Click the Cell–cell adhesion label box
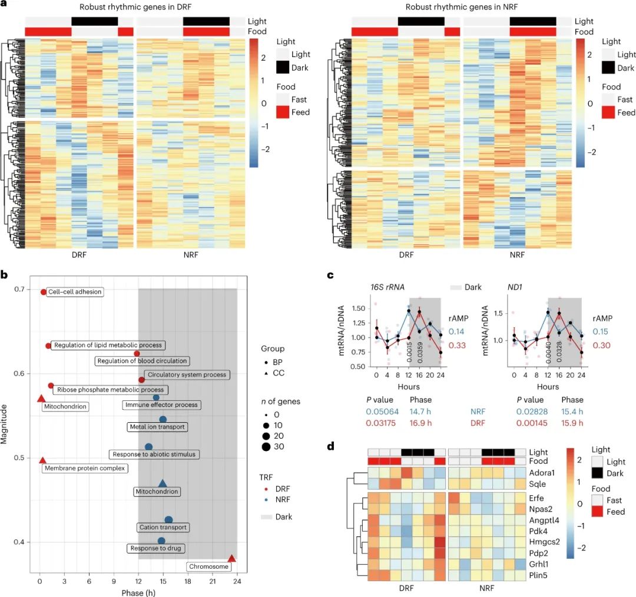point(75,291)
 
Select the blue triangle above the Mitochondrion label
point(163,483)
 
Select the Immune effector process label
point(161,405)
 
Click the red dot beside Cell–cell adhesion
point(44,292)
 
